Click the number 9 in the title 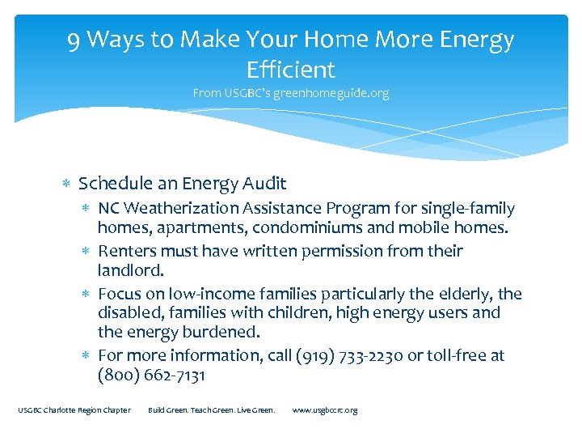pos(74,39)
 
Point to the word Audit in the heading pos(264,184)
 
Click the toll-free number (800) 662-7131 pos(151,375)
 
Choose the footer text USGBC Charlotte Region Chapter pos(74,410)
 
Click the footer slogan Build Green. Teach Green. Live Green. pos(212,410)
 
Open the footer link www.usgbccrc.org pos(324,410)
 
